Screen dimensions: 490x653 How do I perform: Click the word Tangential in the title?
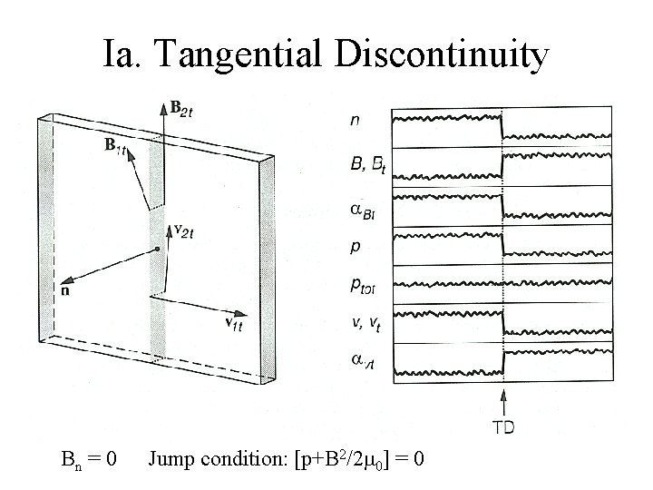[x=239, y=55]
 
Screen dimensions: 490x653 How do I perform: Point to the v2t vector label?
[x=183, y=233]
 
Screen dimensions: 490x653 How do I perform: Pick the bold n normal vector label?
[x=65, y=291]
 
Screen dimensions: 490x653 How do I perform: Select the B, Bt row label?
[x=367, y=164]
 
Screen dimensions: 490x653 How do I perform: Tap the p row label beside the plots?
[x=355, y=245]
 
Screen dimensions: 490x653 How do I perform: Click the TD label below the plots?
[x=502, y=425]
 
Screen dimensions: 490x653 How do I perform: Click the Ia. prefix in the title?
[x=122, y=55]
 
